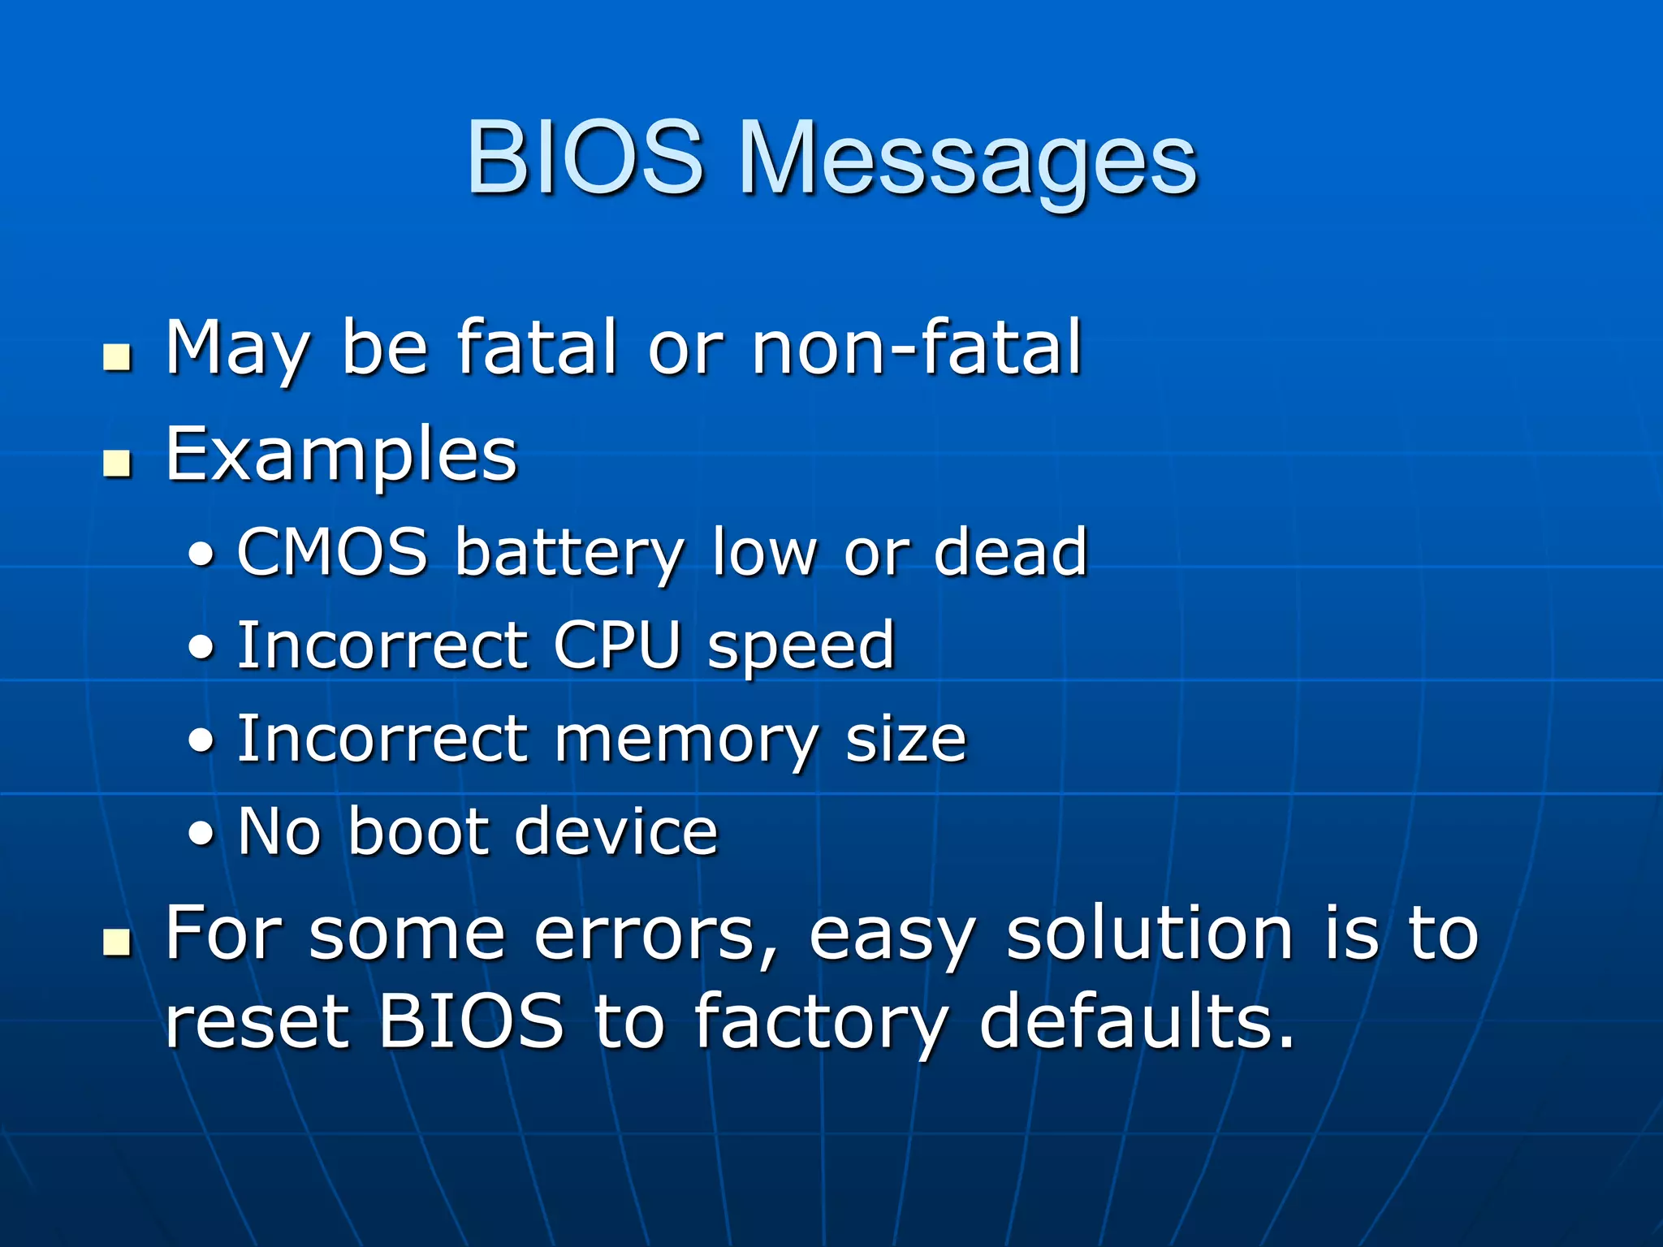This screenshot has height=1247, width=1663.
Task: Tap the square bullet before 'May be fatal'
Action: (118, 356)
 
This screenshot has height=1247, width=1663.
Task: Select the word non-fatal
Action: (916, 349)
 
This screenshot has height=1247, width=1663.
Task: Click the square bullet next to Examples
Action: (118, 464)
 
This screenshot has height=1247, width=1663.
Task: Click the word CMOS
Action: (332, 552)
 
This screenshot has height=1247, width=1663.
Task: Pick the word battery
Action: (569, 554)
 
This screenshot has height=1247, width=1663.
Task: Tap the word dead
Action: (1010, 552)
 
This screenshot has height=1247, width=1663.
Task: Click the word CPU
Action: (617, 646)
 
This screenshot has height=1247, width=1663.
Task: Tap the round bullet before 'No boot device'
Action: (201, 835)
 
